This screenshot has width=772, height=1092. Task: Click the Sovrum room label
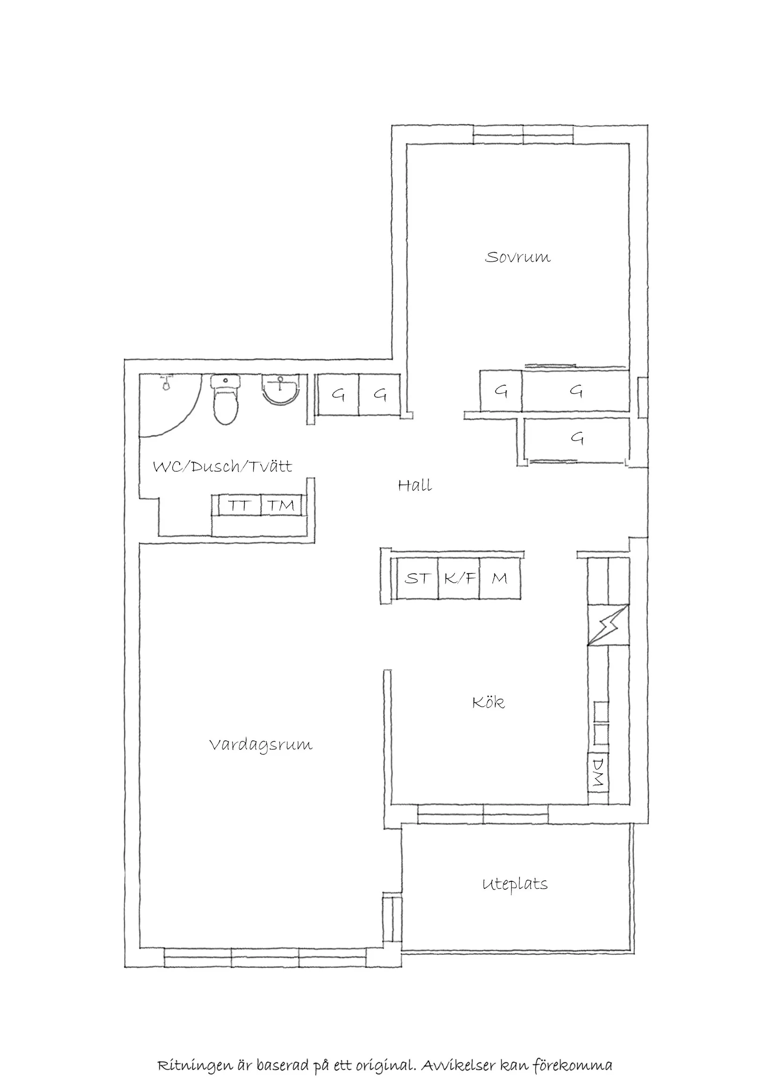[x=517, y=257]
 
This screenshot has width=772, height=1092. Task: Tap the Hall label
[x=415, y=485]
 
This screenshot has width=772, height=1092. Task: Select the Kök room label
[x=488, y=702]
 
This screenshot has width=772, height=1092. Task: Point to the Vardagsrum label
[x=261, y=744]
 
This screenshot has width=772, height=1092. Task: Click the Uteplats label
[x=515, y=884]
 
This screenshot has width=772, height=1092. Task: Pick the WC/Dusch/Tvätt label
[x=222, y=466]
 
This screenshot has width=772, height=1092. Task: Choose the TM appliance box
[x=281, y=505]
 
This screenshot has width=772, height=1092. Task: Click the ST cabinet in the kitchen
[x=417, y=579]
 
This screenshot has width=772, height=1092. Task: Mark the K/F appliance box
[x=459, y=579]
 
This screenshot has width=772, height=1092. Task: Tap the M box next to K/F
[x=499, y=579]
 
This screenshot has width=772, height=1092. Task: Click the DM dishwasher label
[x=597, y=771]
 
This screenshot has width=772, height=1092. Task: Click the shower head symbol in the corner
[x=166, y=382]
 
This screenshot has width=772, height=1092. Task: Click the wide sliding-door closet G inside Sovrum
[x=575, y=391]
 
